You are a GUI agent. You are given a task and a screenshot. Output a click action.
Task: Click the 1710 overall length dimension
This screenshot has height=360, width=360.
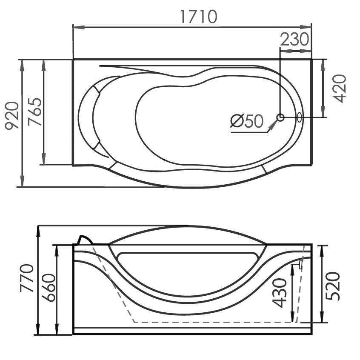199,17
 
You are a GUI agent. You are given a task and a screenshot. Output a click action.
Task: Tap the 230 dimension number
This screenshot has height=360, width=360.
294,39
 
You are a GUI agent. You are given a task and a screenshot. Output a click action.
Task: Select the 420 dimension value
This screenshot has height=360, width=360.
339,89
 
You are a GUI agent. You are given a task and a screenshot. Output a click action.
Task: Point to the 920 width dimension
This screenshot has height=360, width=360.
12,116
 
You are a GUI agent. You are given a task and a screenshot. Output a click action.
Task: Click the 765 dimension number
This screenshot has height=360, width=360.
34,112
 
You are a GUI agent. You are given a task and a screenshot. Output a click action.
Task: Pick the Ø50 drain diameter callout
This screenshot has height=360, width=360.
247,121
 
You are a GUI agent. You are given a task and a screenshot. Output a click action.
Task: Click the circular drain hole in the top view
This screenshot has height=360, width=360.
280,117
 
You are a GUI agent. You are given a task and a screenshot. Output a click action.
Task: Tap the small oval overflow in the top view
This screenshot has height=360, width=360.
300,117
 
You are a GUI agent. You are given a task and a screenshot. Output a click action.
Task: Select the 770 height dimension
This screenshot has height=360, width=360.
27,278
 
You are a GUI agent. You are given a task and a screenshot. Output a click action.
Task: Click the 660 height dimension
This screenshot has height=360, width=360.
49,288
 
